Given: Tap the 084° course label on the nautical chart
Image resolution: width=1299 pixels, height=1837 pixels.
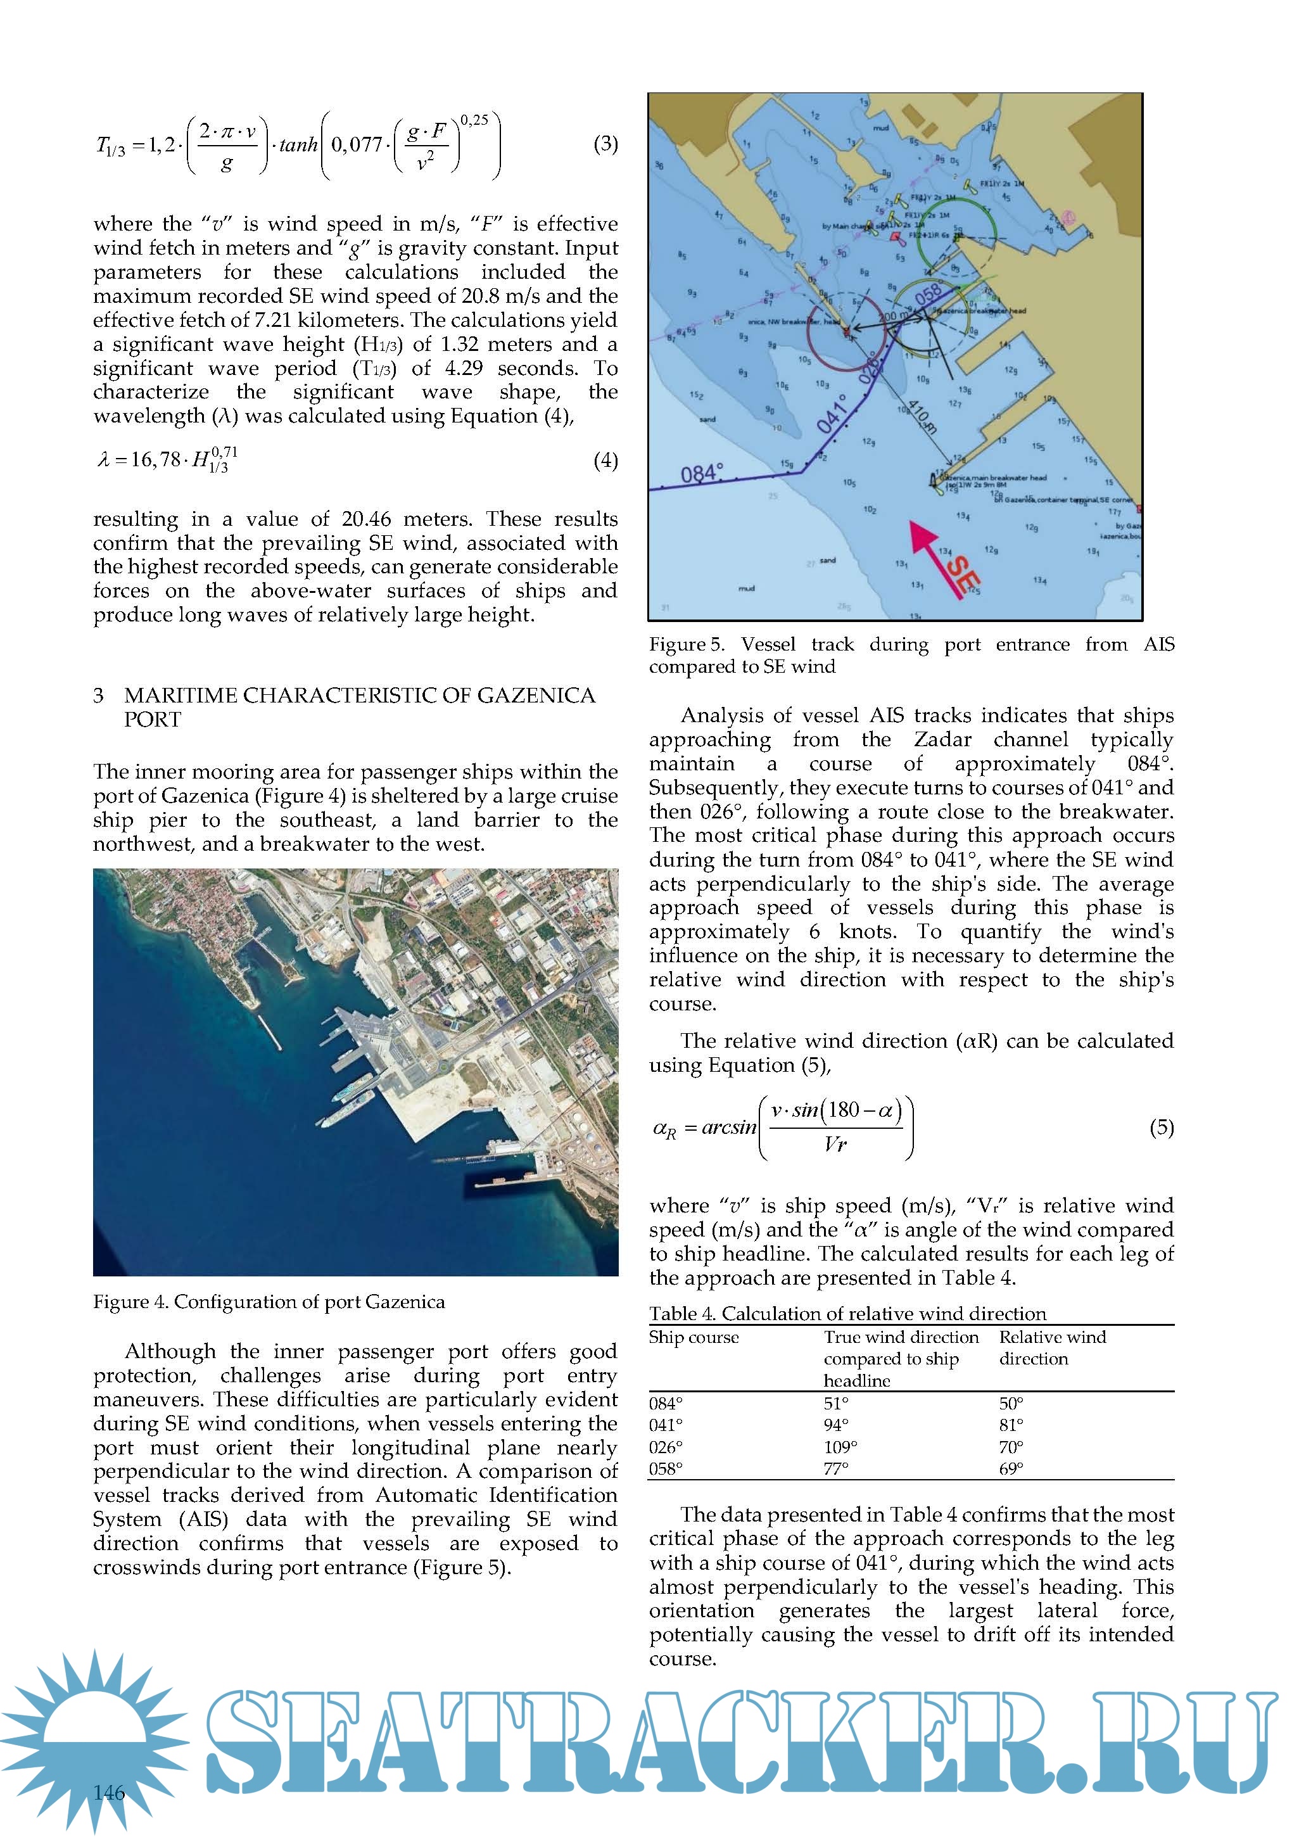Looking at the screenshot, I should click(x=702, y=474).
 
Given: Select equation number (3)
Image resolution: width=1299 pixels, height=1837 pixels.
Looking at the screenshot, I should click(x=605, y=144).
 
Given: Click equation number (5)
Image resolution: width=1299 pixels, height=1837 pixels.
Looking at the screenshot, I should click(x=1162, y=1128).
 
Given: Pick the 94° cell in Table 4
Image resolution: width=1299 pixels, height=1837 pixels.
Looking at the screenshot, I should click(x=836, y=1425).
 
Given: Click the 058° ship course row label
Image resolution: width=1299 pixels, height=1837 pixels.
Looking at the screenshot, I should click(x=666, y=1468).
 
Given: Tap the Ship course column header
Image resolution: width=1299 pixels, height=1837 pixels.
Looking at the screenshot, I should click(x=694, y=1338).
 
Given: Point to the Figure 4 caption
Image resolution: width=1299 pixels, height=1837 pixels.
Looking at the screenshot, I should click(x=269, y=1302).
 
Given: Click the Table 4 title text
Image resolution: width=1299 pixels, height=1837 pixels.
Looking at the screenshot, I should click(x=847, y=1314).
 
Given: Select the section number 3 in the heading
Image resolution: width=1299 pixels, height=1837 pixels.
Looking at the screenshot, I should click(x=98, y=696).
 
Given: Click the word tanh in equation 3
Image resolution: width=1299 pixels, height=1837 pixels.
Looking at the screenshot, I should click(x=298, y=145).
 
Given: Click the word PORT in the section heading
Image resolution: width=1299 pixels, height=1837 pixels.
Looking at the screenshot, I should click(x=152, y=719).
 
